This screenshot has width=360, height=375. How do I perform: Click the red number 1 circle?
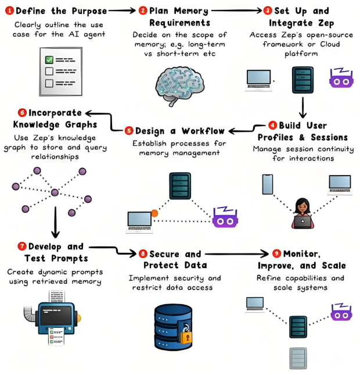coord(9,10)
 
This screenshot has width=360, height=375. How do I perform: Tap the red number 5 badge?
coord(129,130)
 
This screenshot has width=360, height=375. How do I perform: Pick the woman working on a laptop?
coord(302,212)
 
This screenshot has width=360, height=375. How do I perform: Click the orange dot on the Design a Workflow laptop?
coord(154,213)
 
